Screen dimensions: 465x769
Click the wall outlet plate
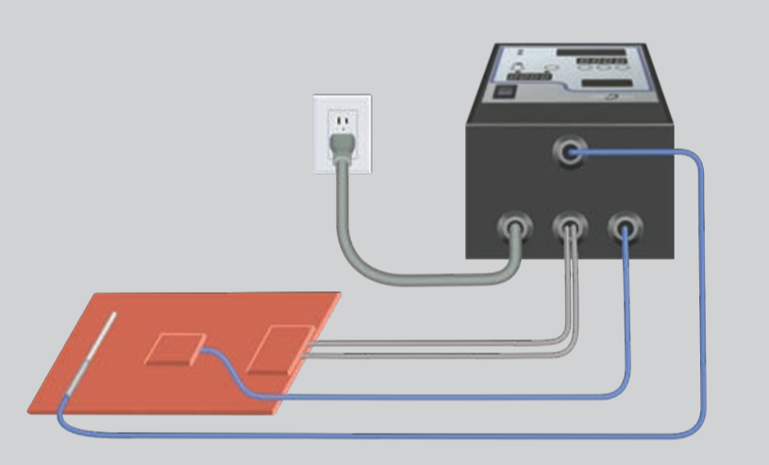[x=343, y=133]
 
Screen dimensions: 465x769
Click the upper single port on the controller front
[x=569, y=151]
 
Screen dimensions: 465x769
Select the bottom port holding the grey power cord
[x=515, y=229]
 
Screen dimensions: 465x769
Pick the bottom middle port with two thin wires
[x=569, y=229]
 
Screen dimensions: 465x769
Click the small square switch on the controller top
[x=506, y=93]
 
